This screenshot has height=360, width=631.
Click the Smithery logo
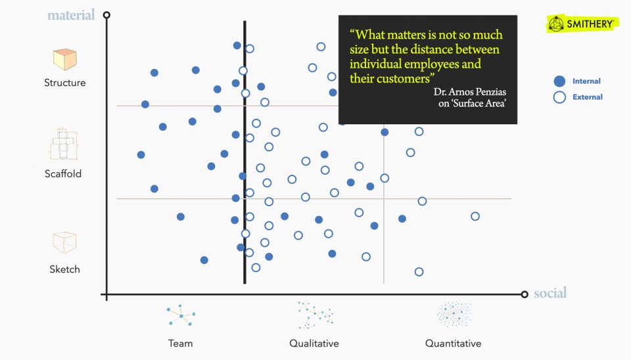click(x=581, y=24)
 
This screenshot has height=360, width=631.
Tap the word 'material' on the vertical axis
click(x=71, y=14)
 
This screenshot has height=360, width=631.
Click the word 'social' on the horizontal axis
click(x=550, y=293)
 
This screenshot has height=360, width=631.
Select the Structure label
click(x=65, y=83)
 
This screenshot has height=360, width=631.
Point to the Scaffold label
click(x=63, y=174)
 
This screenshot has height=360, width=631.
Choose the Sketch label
click(x=64, y=269)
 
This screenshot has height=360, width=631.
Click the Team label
click(x=180, y=343)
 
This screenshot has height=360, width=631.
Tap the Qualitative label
click(x=314, y=343)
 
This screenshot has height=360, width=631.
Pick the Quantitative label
click(x=453, y=343)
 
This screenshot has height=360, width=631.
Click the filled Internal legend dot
click(x=559, y=81)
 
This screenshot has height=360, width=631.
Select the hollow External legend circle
click(x=559, y=97)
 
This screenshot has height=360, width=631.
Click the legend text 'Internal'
click(x=586, y=81)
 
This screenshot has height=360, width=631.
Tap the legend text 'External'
click(x=587, y=97)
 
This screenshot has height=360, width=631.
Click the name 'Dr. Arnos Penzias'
click(x=470, y=91)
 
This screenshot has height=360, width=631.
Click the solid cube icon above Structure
click(x=64, y=60)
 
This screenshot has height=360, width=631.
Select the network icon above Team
click(x=181, y=316)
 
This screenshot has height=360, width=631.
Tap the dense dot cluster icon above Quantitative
click(x=454, y=315)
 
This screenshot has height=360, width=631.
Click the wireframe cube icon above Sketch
click(x=64, y=242)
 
